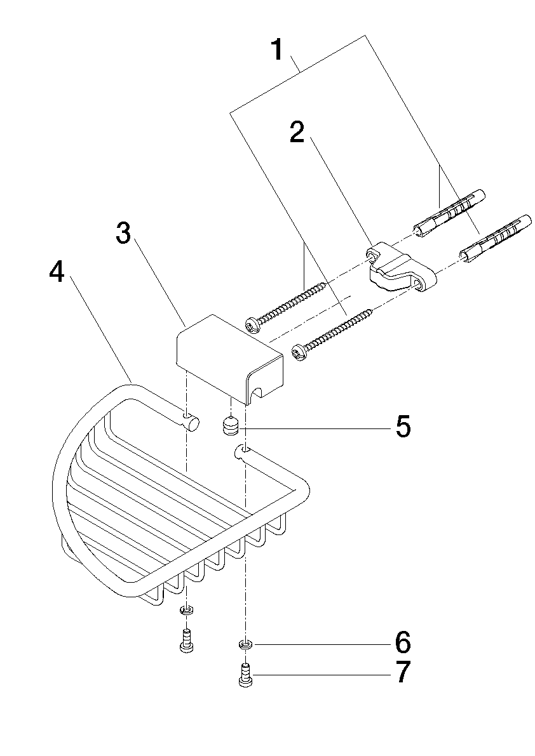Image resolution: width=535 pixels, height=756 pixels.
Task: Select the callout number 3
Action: click(124, 234)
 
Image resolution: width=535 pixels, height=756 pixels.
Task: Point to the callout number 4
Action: click(57, 272)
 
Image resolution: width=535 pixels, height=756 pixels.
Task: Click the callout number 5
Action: click(403, 426)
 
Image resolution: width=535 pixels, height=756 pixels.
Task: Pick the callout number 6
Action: click(403, 642)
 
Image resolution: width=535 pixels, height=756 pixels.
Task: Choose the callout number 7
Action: click(403, 672)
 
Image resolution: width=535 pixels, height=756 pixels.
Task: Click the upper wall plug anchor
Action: click(449, 213)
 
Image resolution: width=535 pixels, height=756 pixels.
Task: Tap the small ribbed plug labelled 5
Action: click(231, 426)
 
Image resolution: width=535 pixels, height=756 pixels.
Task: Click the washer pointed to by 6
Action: click(246, 644)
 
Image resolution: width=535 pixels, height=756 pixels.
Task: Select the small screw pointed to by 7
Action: click(246, 673)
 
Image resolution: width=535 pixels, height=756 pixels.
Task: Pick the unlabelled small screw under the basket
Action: click(186, 641)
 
